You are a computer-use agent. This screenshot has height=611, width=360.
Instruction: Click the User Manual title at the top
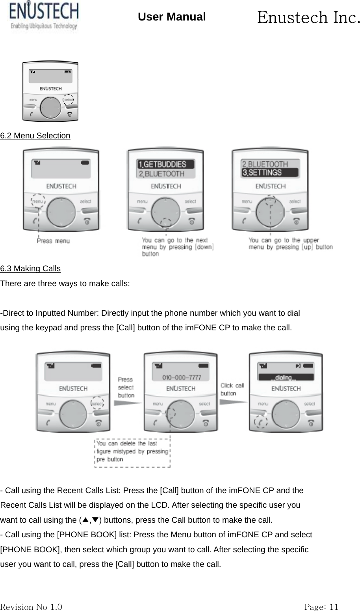pyautogui.click(x=172, y=17)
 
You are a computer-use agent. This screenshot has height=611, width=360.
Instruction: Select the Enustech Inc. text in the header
pyautogui.click(x=308, y=17)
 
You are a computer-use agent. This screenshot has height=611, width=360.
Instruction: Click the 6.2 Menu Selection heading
pyautogui.click(x=35, y=136)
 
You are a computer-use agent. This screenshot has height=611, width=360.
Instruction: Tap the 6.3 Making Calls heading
pyautogui.click(x=30, y=269)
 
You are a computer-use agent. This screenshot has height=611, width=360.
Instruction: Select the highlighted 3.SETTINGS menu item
pyautogui.click(x=270, y=173)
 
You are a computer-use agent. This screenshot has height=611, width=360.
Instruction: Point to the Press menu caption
pyautogui.click(x=53, y=240)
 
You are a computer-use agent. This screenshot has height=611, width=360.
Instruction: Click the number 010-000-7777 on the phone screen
pyautogui.click(x=182, y=378)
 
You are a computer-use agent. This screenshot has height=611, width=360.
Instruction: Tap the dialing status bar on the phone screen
pyautogui.click(x=286, y=378)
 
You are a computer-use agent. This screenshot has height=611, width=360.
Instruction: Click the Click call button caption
pyautogui.click(x=232, y=389)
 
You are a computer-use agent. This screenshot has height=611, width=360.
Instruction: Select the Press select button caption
pyautogui.click(x=126, y=387)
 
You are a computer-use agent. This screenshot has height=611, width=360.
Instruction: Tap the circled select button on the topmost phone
pyautogui.click(x=69, y=100)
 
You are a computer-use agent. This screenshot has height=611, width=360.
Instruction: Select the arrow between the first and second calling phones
pyautogui.click(x=127, y=402)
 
